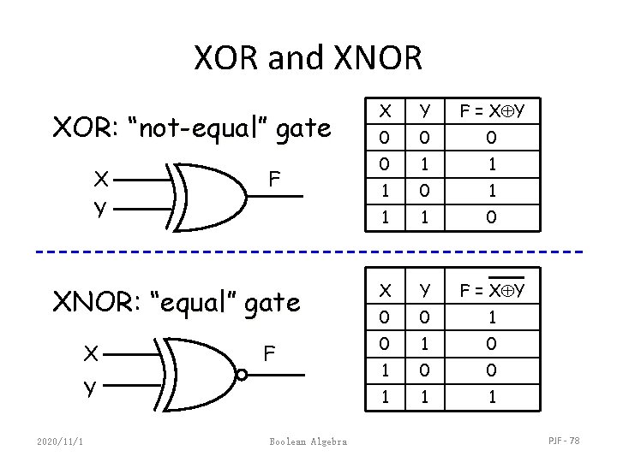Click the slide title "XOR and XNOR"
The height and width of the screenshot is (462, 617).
[x=308, y=57]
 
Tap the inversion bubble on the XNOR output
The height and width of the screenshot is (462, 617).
[x=243, y=374]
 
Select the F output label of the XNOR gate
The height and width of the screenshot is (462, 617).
[x=269, y=353]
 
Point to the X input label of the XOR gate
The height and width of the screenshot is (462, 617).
[x=101, y=179]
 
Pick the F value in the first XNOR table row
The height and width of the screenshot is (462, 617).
[x=491, y=316]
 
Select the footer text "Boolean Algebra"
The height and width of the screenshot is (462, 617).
[x=308, y=441]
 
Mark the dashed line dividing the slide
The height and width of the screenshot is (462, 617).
[x=308, y=252]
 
